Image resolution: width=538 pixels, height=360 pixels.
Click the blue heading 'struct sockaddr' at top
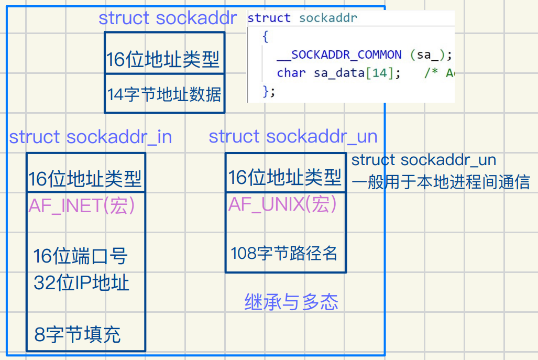[168, 18]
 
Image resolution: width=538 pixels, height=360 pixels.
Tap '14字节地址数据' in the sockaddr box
[164, 95]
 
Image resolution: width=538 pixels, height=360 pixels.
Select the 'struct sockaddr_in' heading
[90, 137]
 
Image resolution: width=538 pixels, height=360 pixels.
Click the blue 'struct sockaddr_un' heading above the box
[293, 137]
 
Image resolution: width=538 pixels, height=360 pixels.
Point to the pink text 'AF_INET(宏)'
[82, 206]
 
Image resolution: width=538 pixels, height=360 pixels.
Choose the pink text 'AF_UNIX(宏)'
[282, 204]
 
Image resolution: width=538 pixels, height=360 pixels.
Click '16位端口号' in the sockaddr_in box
[81, 257]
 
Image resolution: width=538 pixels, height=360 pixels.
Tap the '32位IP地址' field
[81, 283]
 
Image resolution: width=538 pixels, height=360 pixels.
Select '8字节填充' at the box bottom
[78, 334]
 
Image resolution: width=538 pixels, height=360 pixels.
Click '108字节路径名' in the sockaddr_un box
[284, 254]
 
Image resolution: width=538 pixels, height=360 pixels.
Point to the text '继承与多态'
[291, 302]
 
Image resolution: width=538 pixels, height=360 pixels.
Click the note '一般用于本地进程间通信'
[441, 182]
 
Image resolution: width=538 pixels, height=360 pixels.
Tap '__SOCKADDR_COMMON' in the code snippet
[346, 55]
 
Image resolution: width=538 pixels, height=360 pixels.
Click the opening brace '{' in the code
[266, 37]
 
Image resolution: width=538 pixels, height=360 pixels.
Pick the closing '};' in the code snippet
[268, 91]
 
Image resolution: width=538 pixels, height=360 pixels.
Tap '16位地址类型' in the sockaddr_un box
[285, 178]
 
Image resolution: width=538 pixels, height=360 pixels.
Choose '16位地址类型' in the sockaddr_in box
[85, 179]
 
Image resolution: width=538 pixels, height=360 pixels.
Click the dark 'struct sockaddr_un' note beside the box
[423, 160]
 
